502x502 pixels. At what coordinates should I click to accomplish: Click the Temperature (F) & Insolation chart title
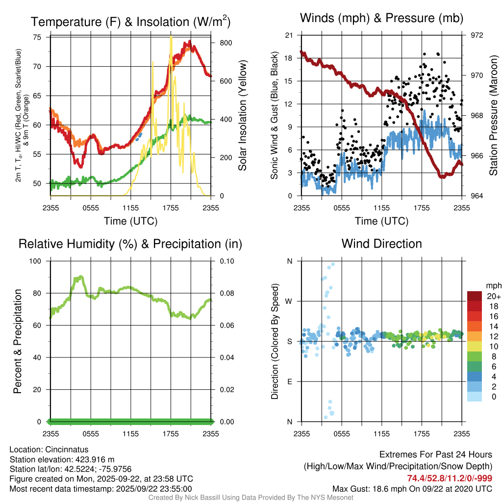coord(130,22)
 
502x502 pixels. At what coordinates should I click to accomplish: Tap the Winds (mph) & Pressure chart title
coord(382,19)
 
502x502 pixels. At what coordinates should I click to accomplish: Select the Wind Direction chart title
coord(381,244)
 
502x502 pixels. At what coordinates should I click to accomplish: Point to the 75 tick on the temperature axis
coord(37,37)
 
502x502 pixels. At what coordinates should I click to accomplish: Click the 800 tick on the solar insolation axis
coord(226,43)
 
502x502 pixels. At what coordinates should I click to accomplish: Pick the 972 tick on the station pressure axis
coord(477,35)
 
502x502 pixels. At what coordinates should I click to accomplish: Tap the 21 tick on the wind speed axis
coord(289,35)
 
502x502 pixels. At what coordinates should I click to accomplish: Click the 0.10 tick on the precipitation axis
coord(226,261)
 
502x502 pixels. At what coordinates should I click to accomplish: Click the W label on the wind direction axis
coord(289,301)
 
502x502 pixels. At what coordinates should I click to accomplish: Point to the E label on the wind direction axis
coord(290,381)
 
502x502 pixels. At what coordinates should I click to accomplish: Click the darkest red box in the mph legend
coord(476,296)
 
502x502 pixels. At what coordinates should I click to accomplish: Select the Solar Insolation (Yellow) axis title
coord(242,115)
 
